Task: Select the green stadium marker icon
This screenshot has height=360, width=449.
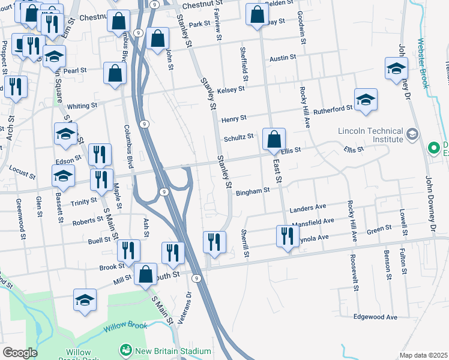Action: (x=125, y=349)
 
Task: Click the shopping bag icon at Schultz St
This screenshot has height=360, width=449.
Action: (x=273, y=140)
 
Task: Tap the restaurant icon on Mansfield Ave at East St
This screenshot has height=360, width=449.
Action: (x=286, y=236)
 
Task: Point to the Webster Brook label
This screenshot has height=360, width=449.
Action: (x=423, y=64)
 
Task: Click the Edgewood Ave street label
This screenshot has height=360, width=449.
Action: (x=376, y=317)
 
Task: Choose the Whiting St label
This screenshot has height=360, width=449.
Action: (x=82, y=106)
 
